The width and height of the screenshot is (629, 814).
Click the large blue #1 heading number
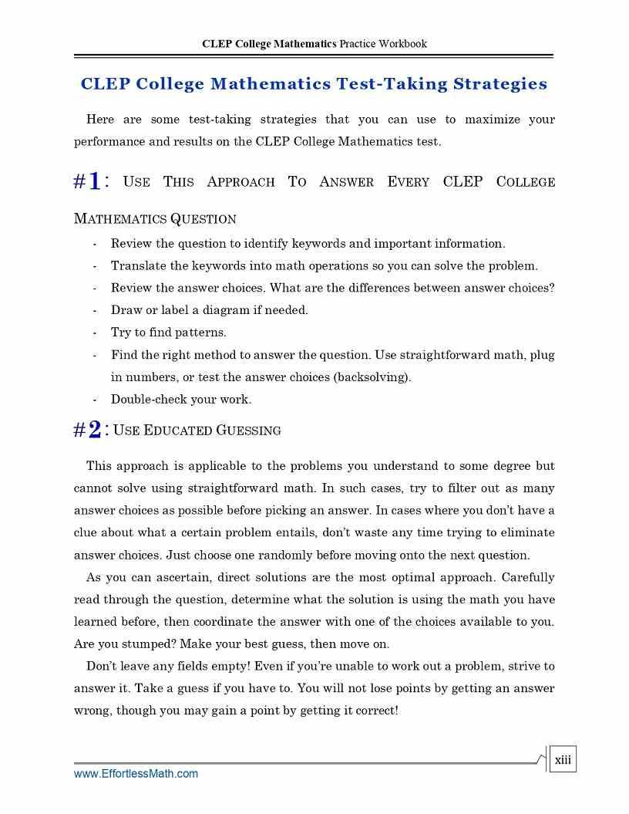pos(87,182)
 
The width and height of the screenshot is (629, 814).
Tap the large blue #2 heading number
pos(87,430)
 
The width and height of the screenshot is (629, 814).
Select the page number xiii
pos(563,760)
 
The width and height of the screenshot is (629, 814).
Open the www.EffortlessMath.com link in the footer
pos(136,773)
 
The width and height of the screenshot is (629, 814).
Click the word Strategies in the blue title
pos(500,84)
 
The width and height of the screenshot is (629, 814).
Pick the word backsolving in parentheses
pos(374,377)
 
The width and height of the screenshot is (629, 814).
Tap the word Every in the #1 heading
pos(409,182)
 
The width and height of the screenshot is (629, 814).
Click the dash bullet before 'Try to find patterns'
pos(94,333)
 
